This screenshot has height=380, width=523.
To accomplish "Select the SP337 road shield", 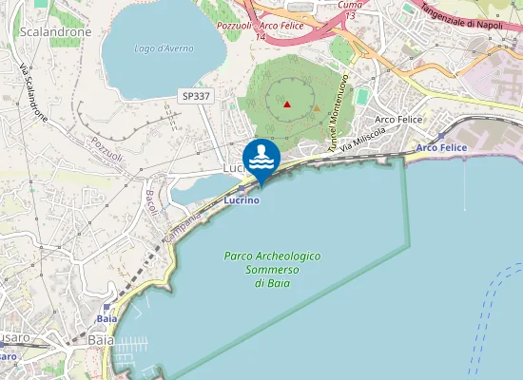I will (196, 95).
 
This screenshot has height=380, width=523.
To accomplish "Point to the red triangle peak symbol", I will (287, 103).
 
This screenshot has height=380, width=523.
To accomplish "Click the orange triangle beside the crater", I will (317, 107).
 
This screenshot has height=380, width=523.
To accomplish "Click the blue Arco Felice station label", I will (439, 147).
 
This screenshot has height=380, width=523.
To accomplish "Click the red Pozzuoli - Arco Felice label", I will (260, 26).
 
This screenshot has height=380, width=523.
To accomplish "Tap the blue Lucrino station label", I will (242, 200).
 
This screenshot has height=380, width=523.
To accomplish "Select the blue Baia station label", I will (107, 320).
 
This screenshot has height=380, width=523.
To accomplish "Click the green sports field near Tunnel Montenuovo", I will (362, 97).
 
